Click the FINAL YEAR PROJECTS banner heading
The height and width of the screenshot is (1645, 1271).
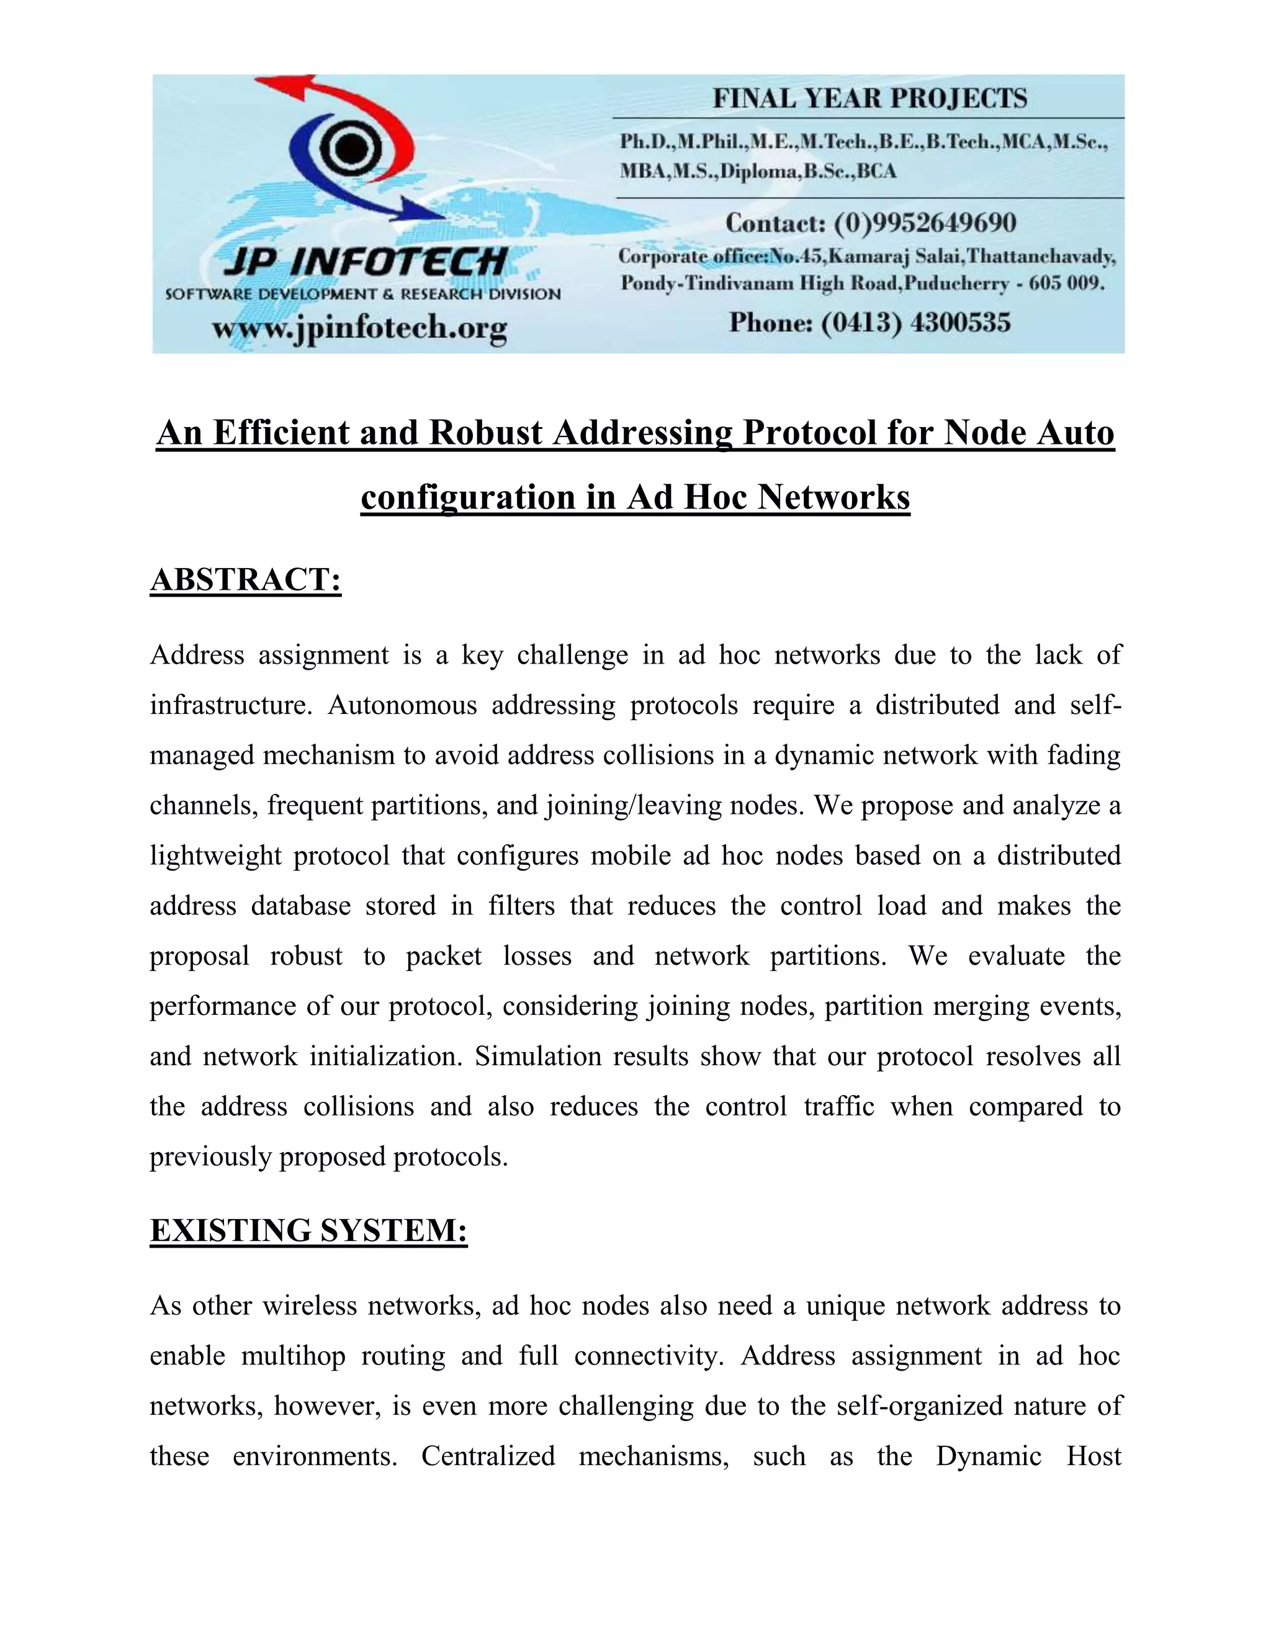(x=869, y=99)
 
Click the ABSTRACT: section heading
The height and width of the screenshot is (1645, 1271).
(x=246, y=580)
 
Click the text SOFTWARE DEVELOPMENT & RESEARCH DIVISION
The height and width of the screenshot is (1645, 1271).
(x=363, y=294)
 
